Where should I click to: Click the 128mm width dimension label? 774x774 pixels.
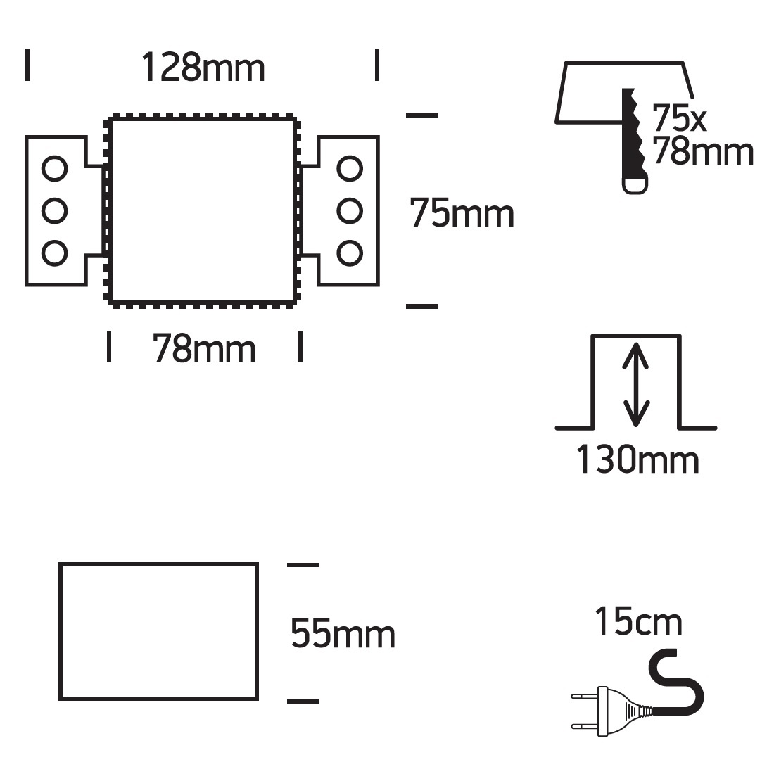(203, 67)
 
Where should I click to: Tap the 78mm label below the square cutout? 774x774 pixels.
(204, 348)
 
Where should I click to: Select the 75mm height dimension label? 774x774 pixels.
(462, 213)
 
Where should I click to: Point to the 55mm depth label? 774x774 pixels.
(343, 633)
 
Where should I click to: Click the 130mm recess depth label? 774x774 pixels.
(637, 459)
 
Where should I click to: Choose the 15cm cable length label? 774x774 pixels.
(639, 621)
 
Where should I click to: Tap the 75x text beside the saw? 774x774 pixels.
(679, 118)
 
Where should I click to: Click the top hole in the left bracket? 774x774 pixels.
(54, 169)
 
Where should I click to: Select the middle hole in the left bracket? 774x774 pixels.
(54, 211)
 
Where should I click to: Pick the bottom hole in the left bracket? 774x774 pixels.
(54, 253)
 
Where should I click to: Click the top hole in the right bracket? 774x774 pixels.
(350, 169)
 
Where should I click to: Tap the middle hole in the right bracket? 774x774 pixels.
(350, 211)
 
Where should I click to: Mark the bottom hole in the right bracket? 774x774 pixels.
(350, 253)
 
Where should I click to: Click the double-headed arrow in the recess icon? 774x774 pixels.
(636, 384)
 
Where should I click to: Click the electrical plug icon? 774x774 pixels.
(613, 711)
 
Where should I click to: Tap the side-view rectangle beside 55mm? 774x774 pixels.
(59, 631)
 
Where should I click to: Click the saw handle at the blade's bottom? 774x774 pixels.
(635, 183)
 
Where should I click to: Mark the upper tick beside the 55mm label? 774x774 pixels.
(303, 565)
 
